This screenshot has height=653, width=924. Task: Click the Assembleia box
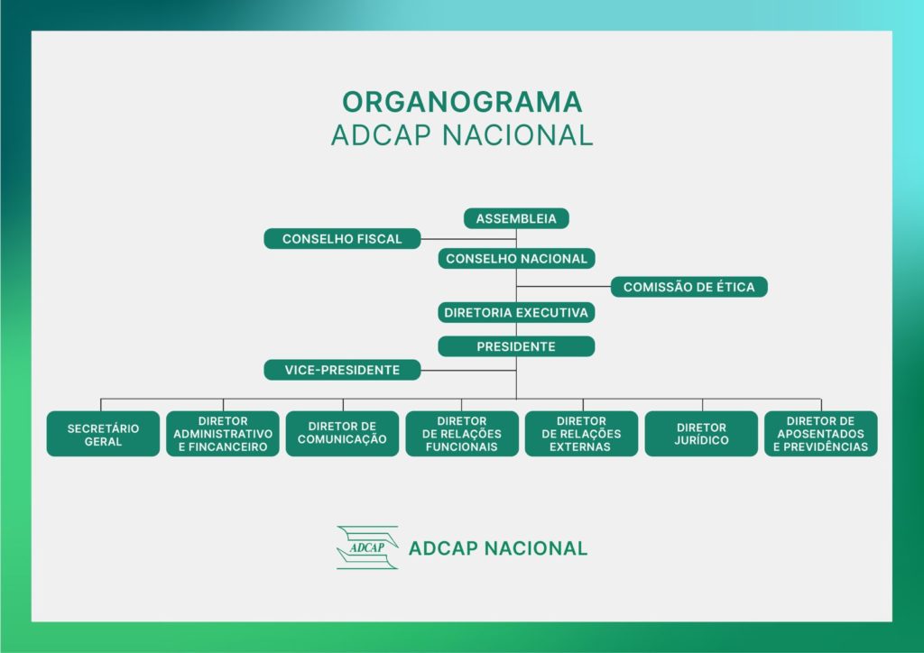[516, 218]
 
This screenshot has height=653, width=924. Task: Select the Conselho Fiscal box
[342, 238]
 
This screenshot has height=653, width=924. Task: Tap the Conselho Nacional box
[516, 259]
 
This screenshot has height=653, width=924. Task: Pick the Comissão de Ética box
[688, 287]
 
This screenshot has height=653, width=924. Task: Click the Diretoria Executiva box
[516, 312]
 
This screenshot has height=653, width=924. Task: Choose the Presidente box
[516, 346]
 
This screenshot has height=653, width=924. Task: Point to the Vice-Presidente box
[342, 370]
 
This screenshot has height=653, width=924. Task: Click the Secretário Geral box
[103, 434]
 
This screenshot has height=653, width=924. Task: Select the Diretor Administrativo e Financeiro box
[223, 434]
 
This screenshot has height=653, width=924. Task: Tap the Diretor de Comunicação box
[342, 434]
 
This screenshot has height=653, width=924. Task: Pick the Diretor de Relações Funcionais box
[462, 434]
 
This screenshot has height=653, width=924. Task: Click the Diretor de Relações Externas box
[582, 434]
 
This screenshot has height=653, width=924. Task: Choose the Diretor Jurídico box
[701, 434]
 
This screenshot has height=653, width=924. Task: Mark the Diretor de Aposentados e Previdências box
[821, 434]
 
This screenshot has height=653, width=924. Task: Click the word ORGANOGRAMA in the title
[463, 102]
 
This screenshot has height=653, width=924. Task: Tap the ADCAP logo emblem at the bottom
[367, 547]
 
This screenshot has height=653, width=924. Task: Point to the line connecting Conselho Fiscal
[468, 239]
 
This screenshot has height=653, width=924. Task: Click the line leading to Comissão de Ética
[563, 287]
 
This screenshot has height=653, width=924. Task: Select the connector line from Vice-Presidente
[468, 371]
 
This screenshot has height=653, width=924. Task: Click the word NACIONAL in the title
[518, 135]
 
